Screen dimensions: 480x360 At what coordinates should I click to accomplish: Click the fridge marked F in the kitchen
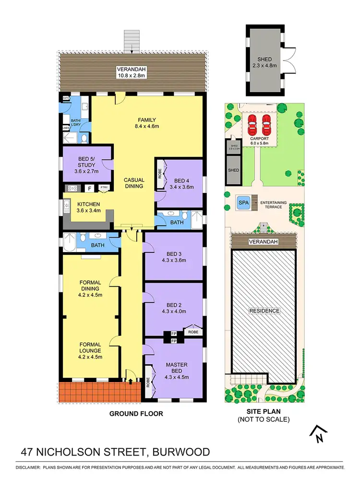(x=89, y=188)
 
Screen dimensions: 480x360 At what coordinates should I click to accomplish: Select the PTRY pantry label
(x=104, y=188)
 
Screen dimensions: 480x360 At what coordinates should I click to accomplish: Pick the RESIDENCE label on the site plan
(x=264, y=311)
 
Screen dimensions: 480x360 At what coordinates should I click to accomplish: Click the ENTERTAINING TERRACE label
(x=274, y=203)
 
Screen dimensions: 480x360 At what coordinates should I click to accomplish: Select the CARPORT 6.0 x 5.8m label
(x=259, y=141)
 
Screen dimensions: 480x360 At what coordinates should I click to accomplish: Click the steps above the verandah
(x=131, y=41)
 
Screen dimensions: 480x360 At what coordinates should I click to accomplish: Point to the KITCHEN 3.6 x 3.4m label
(x=89, y=208)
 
